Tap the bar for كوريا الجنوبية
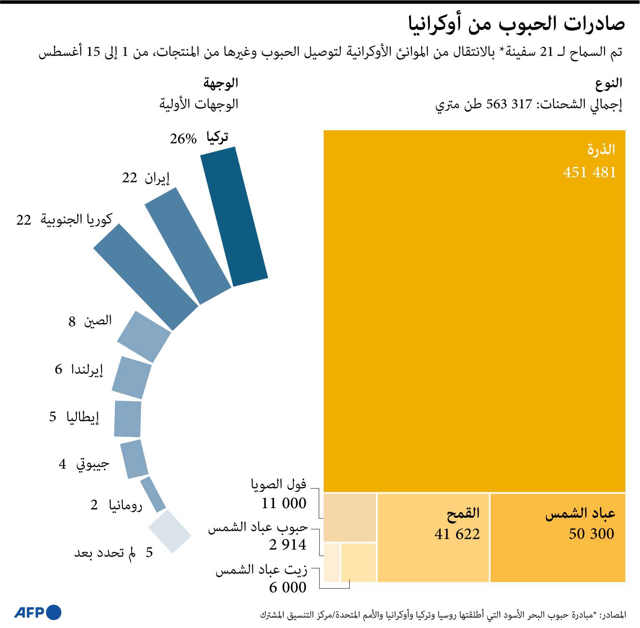(x=145, y=277)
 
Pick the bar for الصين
(x=144, y=337)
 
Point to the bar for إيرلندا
(x=132, y=377)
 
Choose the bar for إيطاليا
(x=127, y=419)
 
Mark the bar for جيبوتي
(x=134, y=459)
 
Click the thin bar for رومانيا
(x=153, y=494)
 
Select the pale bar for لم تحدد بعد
(x=170, y=532)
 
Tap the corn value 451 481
(x=589, y=172)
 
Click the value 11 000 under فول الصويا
(x=284, y=503)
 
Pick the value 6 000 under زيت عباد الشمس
(x=288, y=587)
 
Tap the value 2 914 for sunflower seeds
(x=288, y=544)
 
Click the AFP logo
(x=38, y=612)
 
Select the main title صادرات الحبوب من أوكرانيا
(x=516, y=24)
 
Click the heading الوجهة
(x=221, y=83)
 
